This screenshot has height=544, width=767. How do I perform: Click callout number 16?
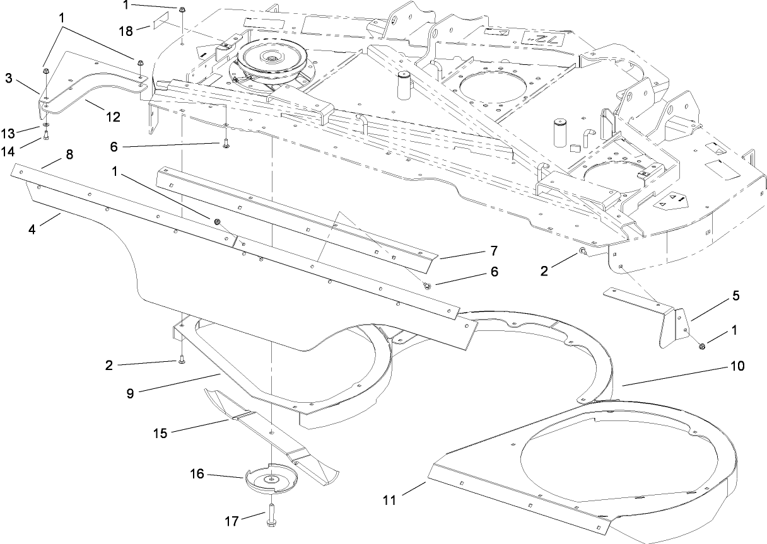click(x=197, y=473)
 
